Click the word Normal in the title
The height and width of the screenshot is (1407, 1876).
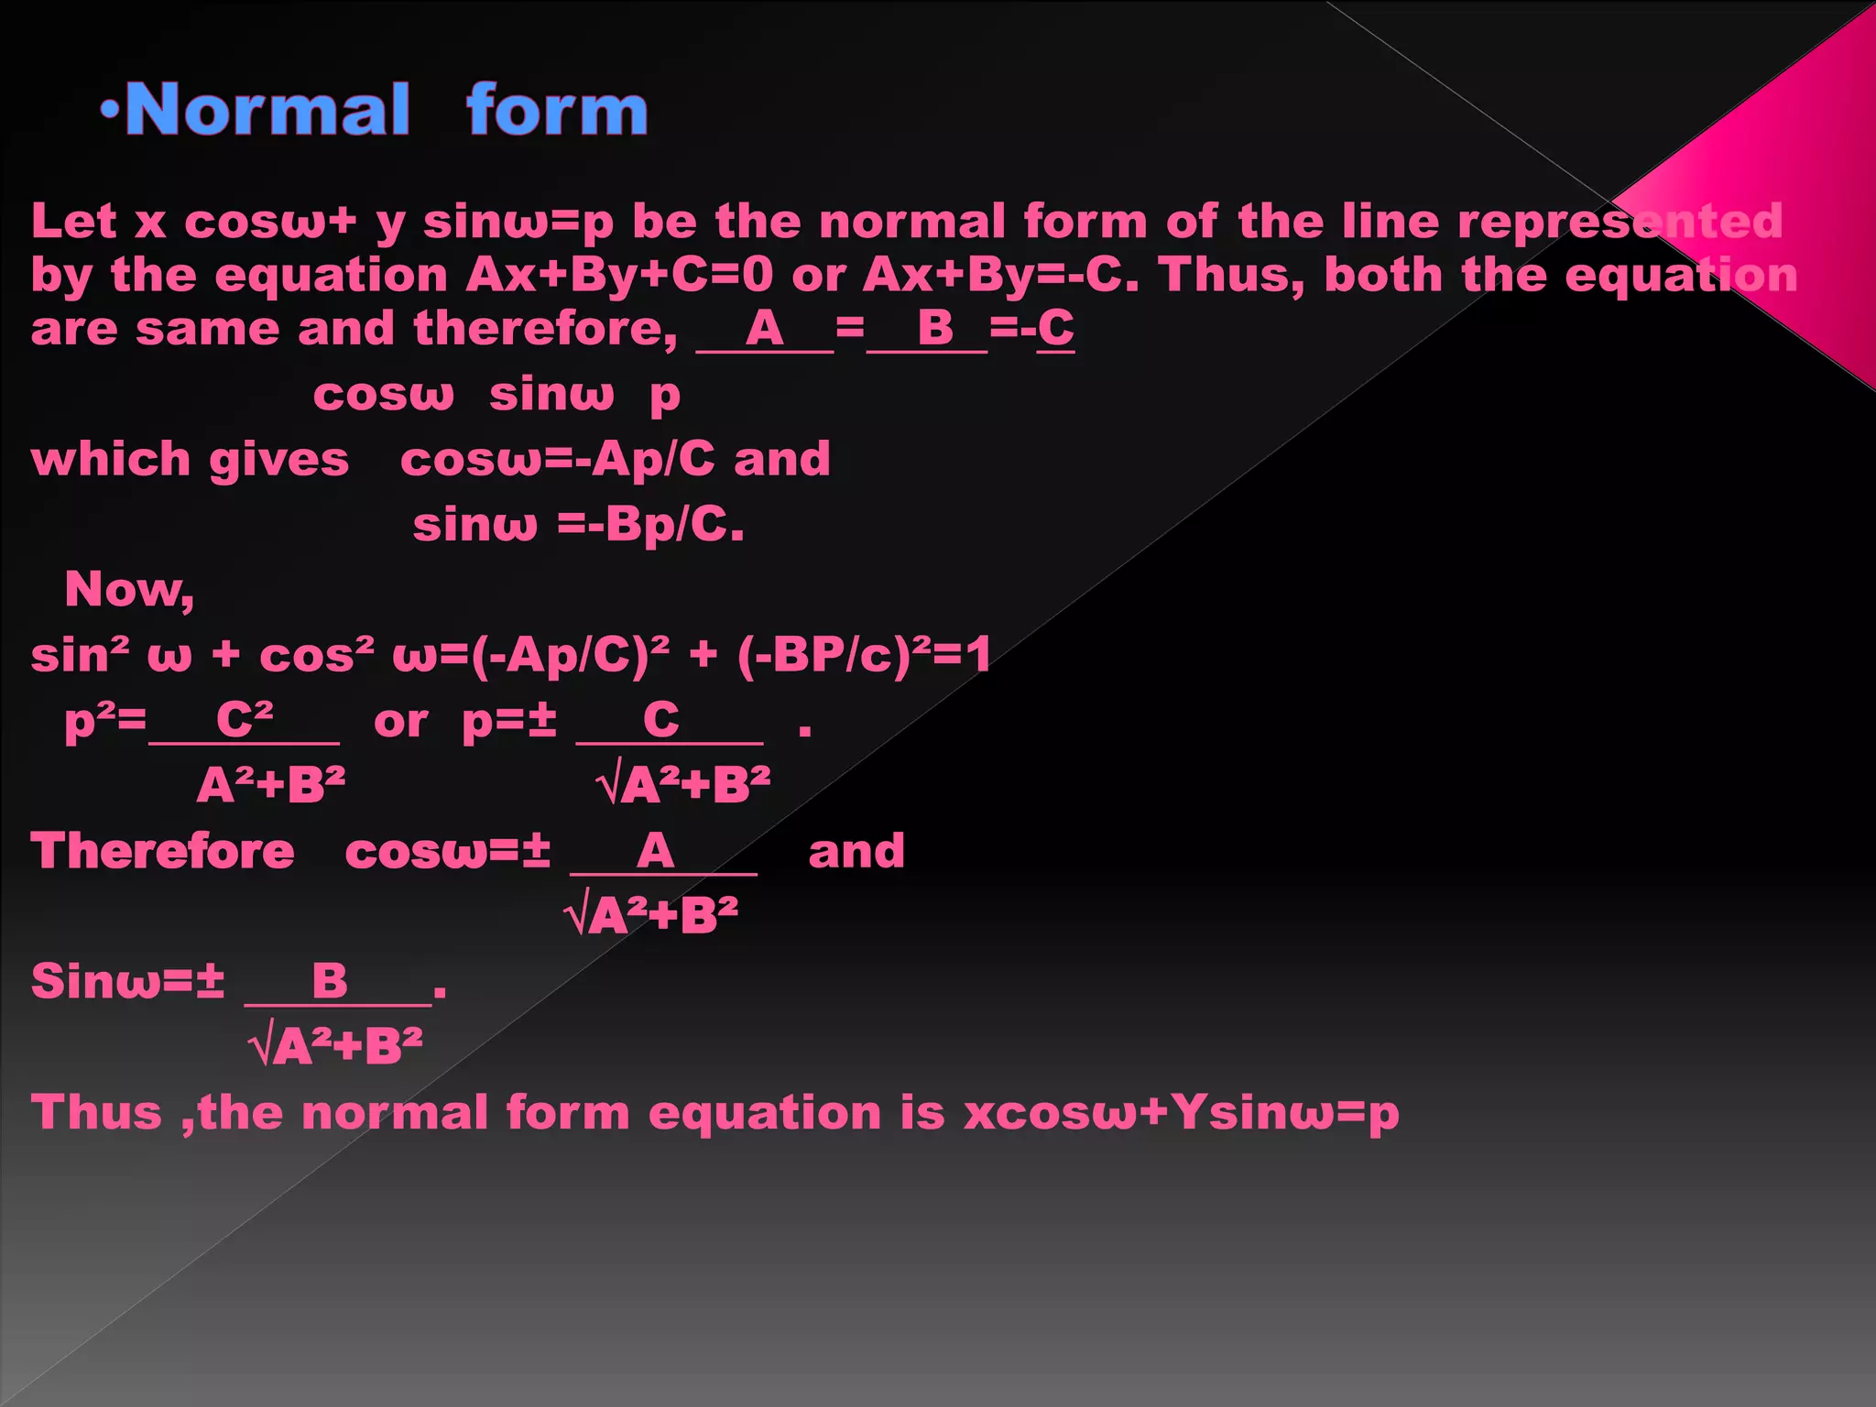coord(267,110)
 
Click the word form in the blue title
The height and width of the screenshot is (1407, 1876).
coord(557,110)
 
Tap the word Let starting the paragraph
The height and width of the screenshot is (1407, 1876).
coord(74,222)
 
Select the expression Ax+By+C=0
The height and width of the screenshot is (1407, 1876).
coord(620,275)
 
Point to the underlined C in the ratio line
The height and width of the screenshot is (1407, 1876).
coord(1056,328)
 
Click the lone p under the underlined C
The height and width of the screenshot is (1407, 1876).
coord(665,396)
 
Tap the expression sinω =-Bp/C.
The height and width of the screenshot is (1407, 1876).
coord(578,525)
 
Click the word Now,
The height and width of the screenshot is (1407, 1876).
coord(129,589)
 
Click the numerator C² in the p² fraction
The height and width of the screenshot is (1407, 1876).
coord(245,719)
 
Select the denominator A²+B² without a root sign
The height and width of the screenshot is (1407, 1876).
coord(271,785)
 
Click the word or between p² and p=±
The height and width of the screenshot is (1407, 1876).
coord(400,722)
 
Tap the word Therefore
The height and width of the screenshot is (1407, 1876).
coord(163,851)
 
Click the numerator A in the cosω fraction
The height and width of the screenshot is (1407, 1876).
coord(655,851)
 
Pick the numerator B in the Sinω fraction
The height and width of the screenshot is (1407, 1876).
coord(330,981)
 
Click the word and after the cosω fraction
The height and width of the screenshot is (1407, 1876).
coord(856,851)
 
